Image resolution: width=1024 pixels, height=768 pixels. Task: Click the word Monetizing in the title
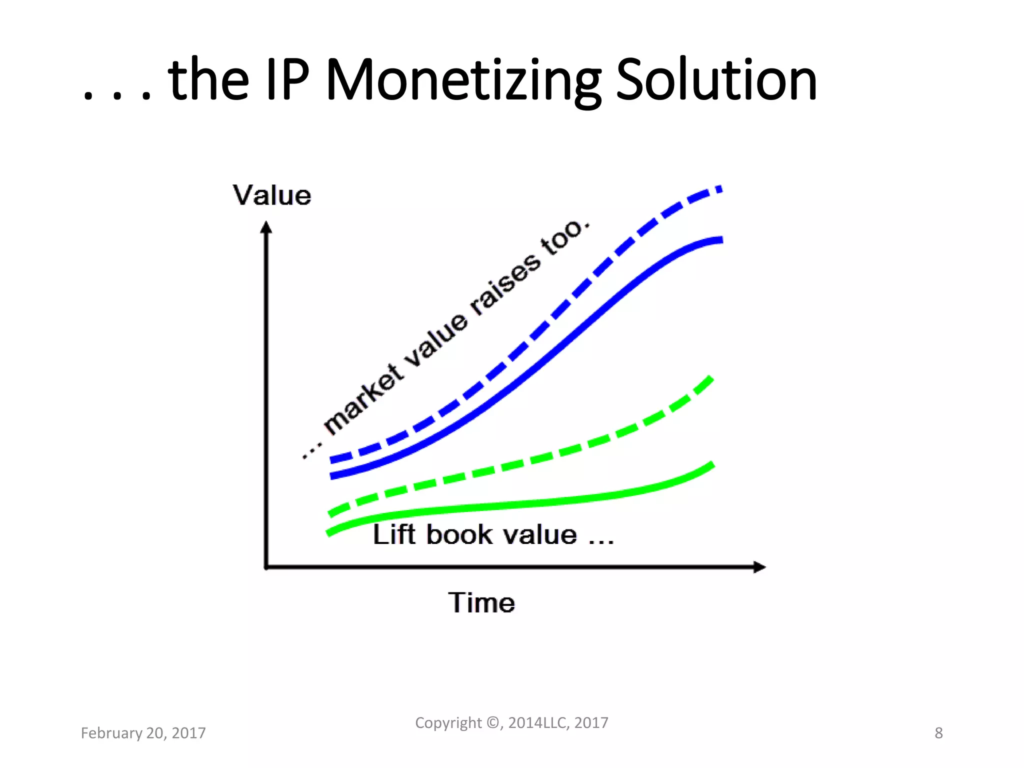pos(463,80)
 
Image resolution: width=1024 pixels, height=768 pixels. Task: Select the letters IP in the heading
pos(287,80)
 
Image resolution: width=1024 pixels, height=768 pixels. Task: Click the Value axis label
pos(271,195)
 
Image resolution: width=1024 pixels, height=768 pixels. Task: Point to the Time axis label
pos(481,602)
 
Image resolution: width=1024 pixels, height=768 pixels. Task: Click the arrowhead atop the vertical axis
pos(266,227)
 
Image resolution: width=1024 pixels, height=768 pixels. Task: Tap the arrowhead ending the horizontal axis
pos(759,567)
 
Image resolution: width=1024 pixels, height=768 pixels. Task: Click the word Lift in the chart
pos(394,534)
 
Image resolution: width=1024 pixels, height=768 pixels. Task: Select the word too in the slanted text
pos(562,238)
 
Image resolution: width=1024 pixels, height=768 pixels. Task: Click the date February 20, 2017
pos(143,733)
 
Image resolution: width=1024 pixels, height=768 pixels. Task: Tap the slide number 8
pos(938,733)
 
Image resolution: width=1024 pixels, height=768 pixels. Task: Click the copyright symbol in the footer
pos(493,723)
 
